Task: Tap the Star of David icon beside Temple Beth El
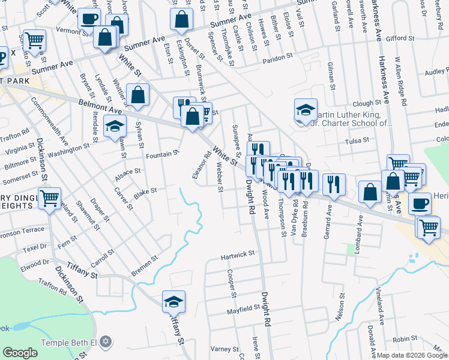106,342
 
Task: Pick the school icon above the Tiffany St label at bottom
173,302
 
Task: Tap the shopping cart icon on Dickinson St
50,198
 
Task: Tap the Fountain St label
163,154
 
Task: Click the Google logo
20,353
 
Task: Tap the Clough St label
367,103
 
